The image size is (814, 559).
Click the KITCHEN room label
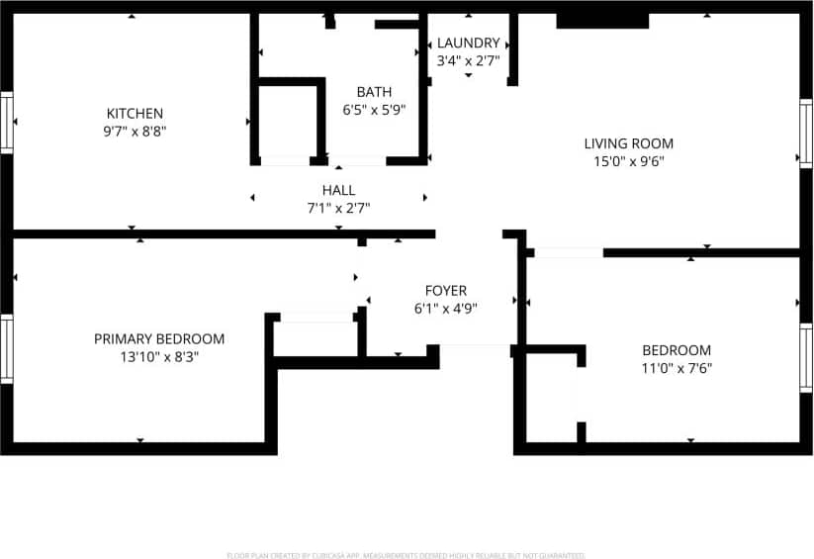pos(136,113)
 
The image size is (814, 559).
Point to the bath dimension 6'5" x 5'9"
pos(374,110)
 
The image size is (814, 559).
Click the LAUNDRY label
pos(468,43)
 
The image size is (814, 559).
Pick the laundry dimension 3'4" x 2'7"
pos(468,59)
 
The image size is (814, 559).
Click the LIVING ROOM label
pos(628,143)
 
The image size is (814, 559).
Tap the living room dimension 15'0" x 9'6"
pos(628,160)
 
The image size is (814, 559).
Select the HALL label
pos(338,190)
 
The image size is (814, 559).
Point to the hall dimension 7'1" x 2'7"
pos(338,208)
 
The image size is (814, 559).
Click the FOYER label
pos(446,290)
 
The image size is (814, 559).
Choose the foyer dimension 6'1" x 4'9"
pos(446,308)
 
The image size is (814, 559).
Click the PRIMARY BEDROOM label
pos(159,338)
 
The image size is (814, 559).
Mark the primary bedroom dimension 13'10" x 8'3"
pos(159,356)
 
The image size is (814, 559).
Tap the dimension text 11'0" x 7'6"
pos(677,368)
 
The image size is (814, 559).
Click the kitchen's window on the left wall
pos(7,123)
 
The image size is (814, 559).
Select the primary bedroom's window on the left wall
pos(7,349)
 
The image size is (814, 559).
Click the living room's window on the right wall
pos(806,134)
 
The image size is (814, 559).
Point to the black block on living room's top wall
pos(602,21)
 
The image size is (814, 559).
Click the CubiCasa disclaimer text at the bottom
pos(407,555)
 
